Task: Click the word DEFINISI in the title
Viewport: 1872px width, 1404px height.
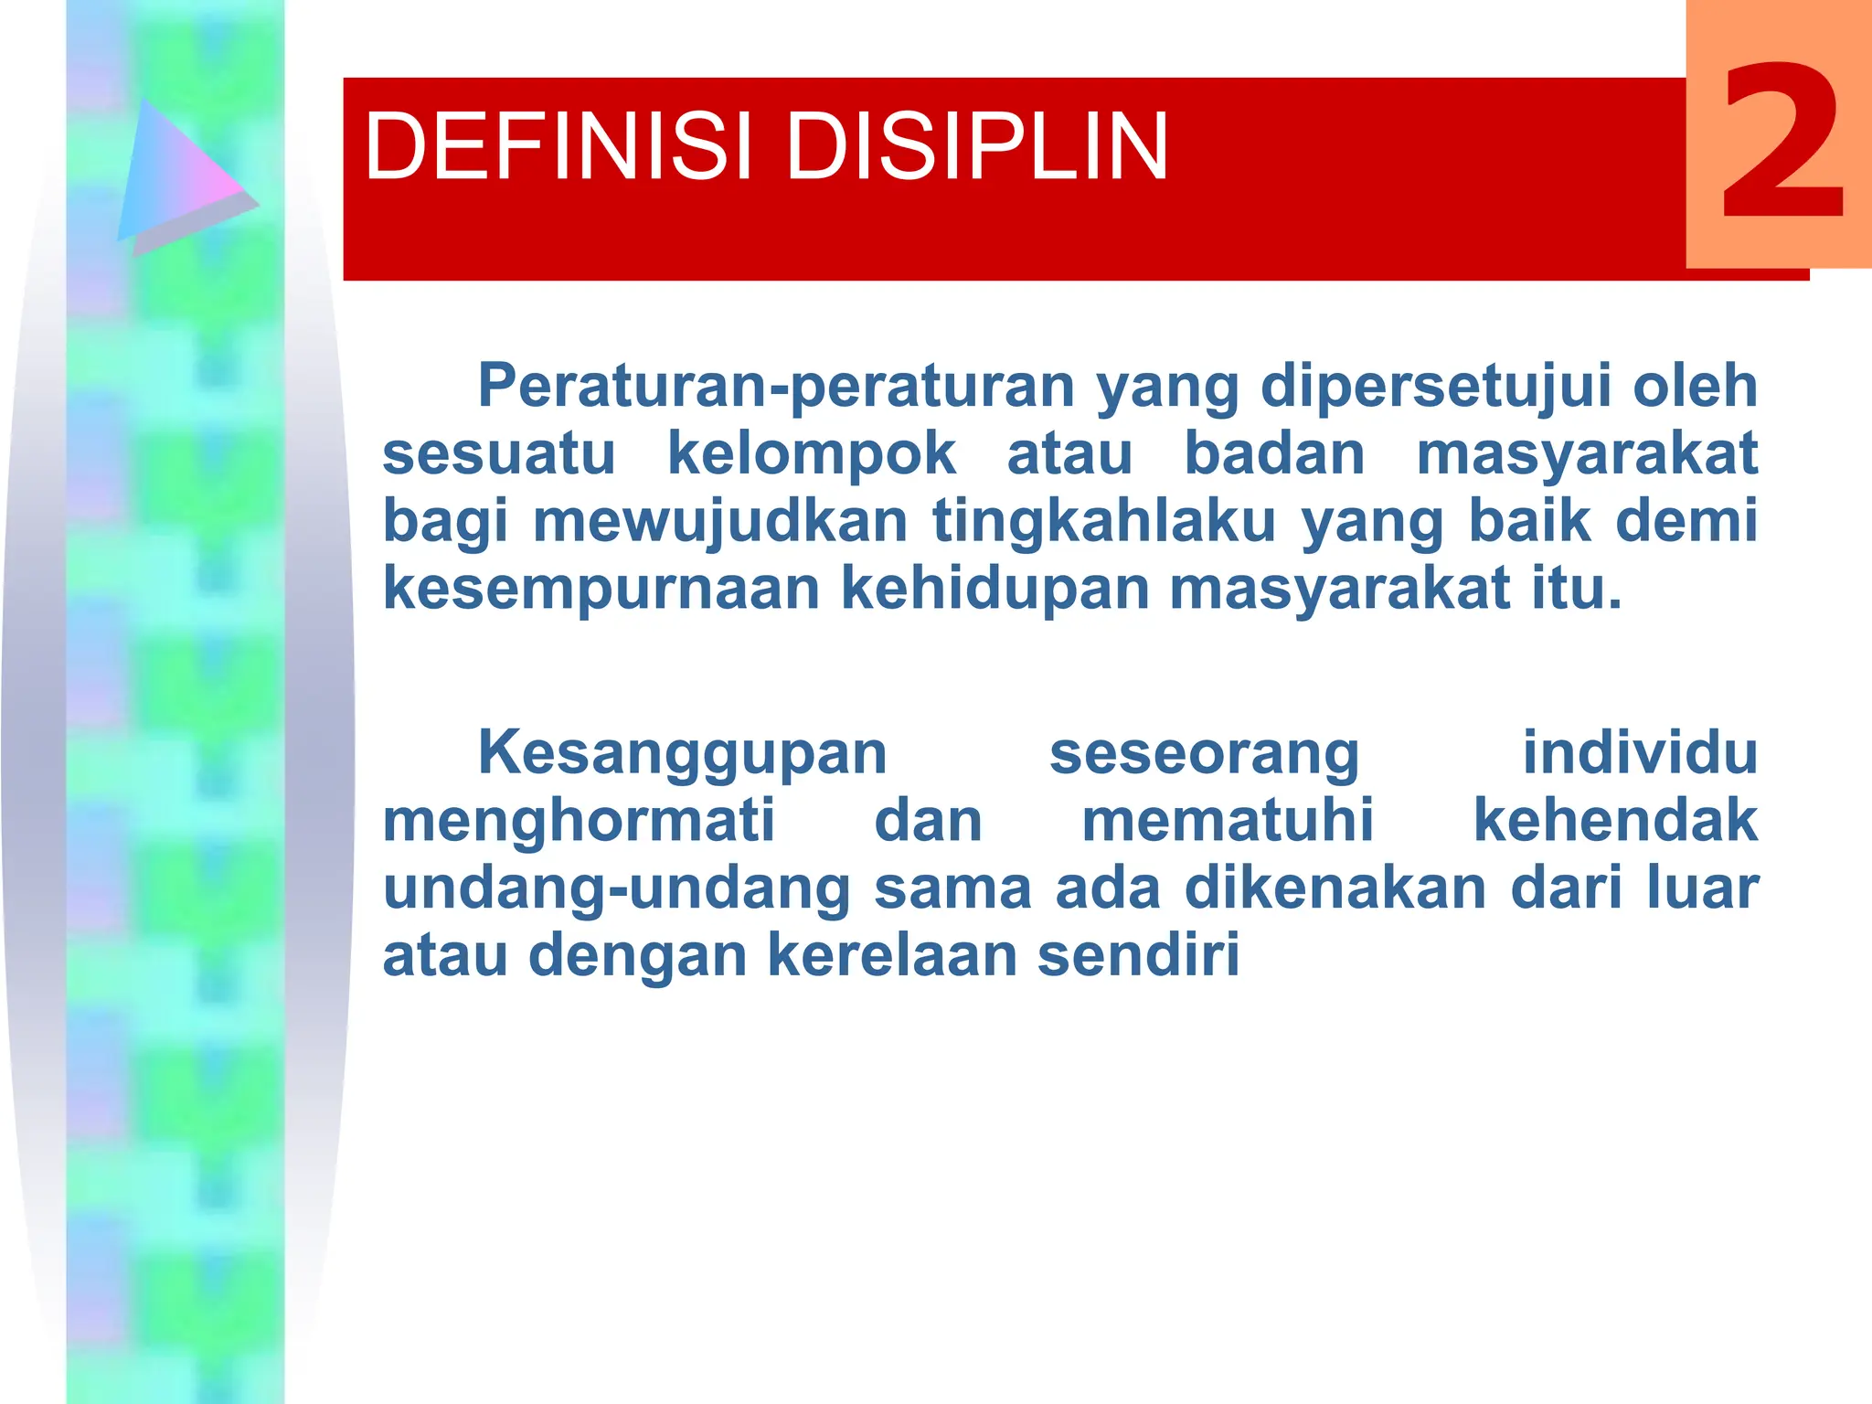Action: [x=558, y=146]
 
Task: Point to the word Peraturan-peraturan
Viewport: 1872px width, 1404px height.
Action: [x=776, y=386]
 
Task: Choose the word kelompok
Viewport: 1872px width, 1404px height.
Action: [x=812, y=453]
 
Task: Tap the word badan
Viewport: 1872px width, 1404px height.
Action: [x=1274, y=453]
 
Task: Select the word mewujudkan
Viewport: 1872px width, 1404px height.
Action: [x=720, y=521]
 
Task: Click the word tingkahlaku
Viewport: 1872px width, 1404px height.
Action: [x=1103, y=521]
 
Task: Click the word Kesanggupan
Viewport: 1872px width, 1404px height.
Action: [x=682, y=754]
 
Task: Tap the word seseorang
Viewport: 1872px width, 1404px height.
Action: [x=1204, y=754]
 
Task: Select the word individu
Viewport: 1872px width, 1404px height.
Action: [x=1640, y=752]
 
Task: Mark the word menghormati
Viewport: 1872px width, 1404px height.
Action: [x=579, y=820]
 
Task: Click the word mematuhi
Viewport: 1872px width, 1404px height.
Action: [x=1228, y=820]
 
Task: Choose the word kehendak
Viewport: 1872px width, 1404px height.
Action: [x=1615, y=820]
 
